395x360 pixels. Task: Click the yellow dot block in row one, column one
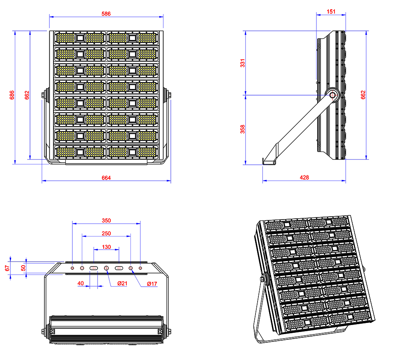pos(65,38)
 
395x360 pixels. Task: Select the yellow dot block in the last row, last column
pos(147,152)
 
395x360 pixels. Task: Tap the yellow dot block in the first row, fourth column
pos(147,38)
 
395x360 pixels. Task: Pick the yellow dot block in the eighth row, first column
pos(65,152)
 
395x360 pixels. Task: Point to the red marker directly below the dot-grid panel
pos(106,175)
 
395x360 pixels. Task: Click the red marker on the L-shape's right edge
pos(359,95)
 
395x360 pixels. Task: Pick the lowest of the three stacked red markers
pos(106,245)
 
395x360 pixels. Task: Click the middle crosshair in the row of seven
pos(107,268)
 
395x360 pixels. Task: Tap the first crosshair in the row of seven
pos(72,268)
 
